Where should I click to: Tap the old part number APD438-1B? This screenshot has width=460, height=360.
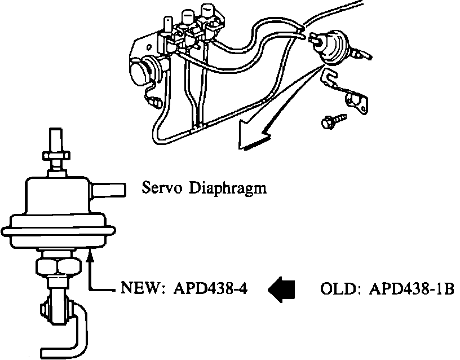(x=412, y=289)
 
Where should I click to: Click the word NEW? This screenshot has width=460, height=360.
(x=141, y=289)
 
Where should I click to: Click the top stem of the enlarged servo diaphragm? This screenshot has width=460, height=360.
(x=56, y=137)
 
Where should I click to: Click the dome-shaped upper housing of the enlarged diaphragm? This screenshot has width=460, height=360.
(x=56, y=197)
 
